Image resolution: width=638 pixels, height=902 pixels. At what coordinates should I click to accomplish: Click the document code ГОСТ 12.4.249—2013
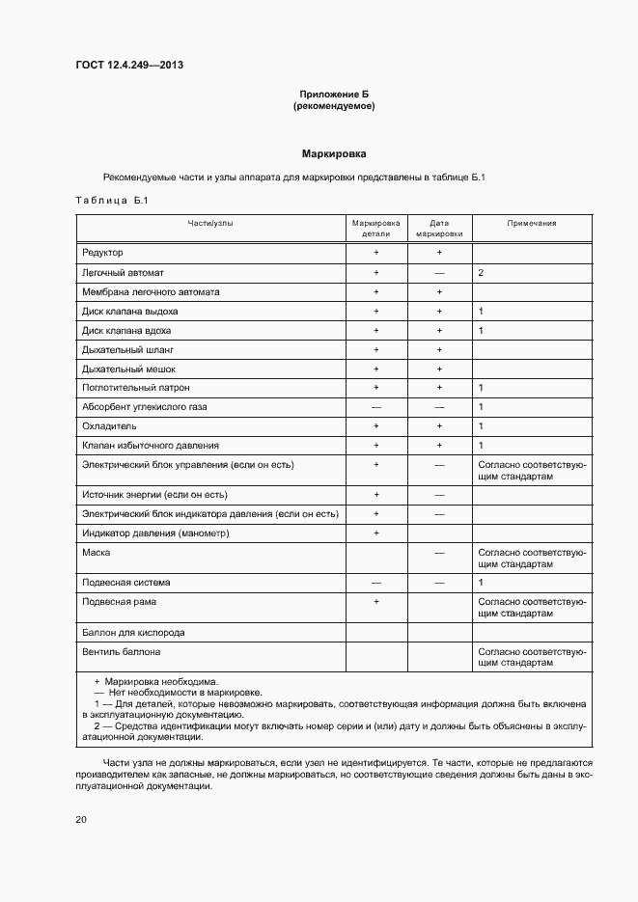tap(129, 65)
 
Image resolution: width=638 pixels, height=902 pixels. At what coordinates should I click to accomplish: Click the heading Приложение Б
tap(334, 94)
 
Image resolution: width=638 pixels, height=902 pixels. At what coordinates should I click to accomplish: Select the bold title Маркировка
tap(334, 154)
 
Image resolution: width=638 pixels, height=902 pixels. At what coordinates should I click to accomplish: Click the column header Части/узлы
tap(210, 223)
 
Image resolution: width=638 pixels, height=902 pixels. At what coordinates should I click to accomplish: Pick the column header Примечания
tap(532, 223)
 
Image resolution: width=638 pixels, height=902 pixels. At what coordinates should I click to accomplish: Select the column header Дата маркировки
tap(439, 228)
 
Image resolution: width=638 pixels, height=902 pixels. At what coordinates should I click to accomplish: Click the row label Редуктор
tap(103, 253)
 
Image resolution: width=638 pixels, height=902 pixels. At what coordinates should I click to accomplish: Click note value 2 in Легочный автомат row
tap(481, 273)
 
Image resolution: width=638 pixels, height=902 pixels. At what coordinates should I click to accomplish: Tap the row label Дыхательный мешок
tap(129, 369)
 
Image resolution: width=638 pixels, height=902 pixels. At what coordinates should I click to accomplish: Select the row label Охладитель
tap(109, 426)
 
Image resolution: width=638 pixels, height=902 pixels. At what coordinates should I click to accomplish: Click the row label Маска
tap(97, 553)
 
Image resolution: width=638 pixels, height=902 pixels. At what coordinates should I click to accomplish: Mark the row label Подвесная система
tap(127, 583)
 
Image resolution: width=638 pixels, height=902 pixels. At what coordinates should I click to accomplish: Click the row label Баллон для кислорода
tap(133, 633)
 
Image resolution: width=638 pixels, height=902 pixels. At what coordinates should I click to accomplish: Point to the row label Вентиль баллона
tap(122, 652)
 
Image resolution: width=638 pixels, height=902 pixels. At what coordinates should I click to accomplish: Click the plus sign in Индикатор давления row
tap(376, 533)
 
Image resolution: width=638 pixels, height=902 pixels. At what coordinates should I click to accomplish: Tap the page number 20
tap(81, 819)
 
